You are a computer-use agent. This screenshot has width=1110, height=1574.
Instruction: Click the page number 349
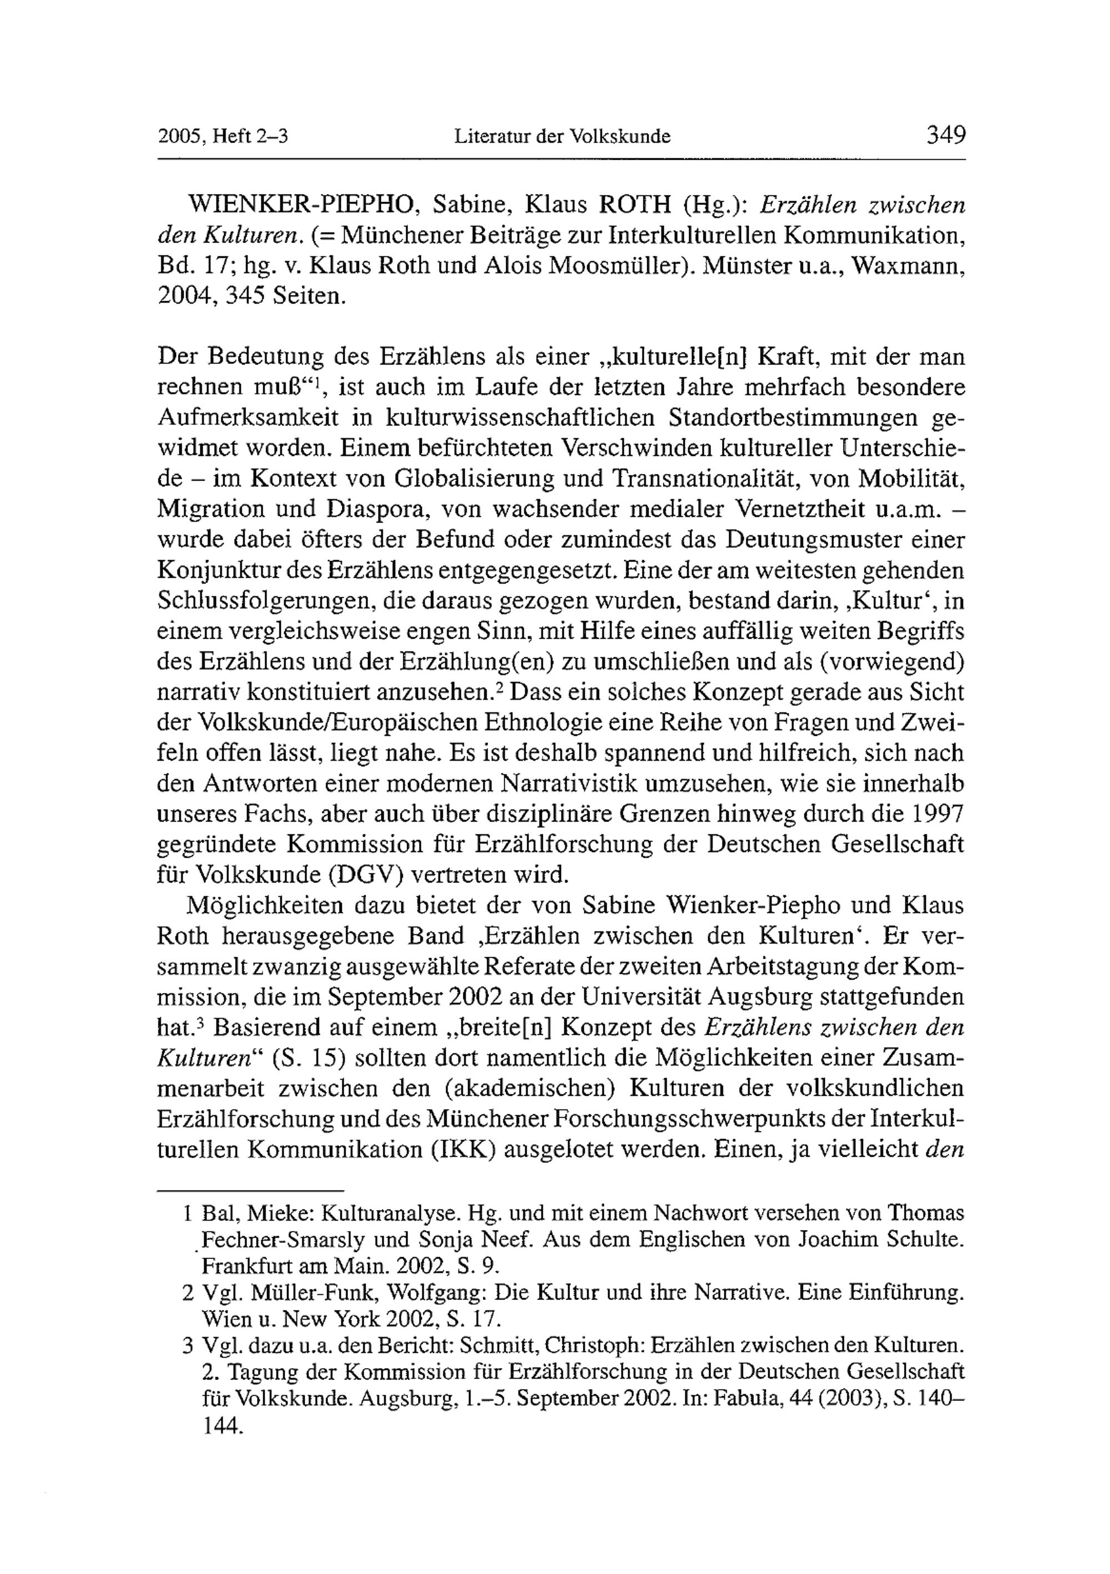[x=946, y=134]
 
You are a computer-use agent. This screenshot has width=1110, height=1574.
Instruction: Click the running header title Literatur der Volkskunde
[x=562, y=136]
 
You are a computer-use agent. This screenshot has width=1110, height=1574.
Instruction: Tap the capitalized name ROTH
[x=634, y=205]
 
